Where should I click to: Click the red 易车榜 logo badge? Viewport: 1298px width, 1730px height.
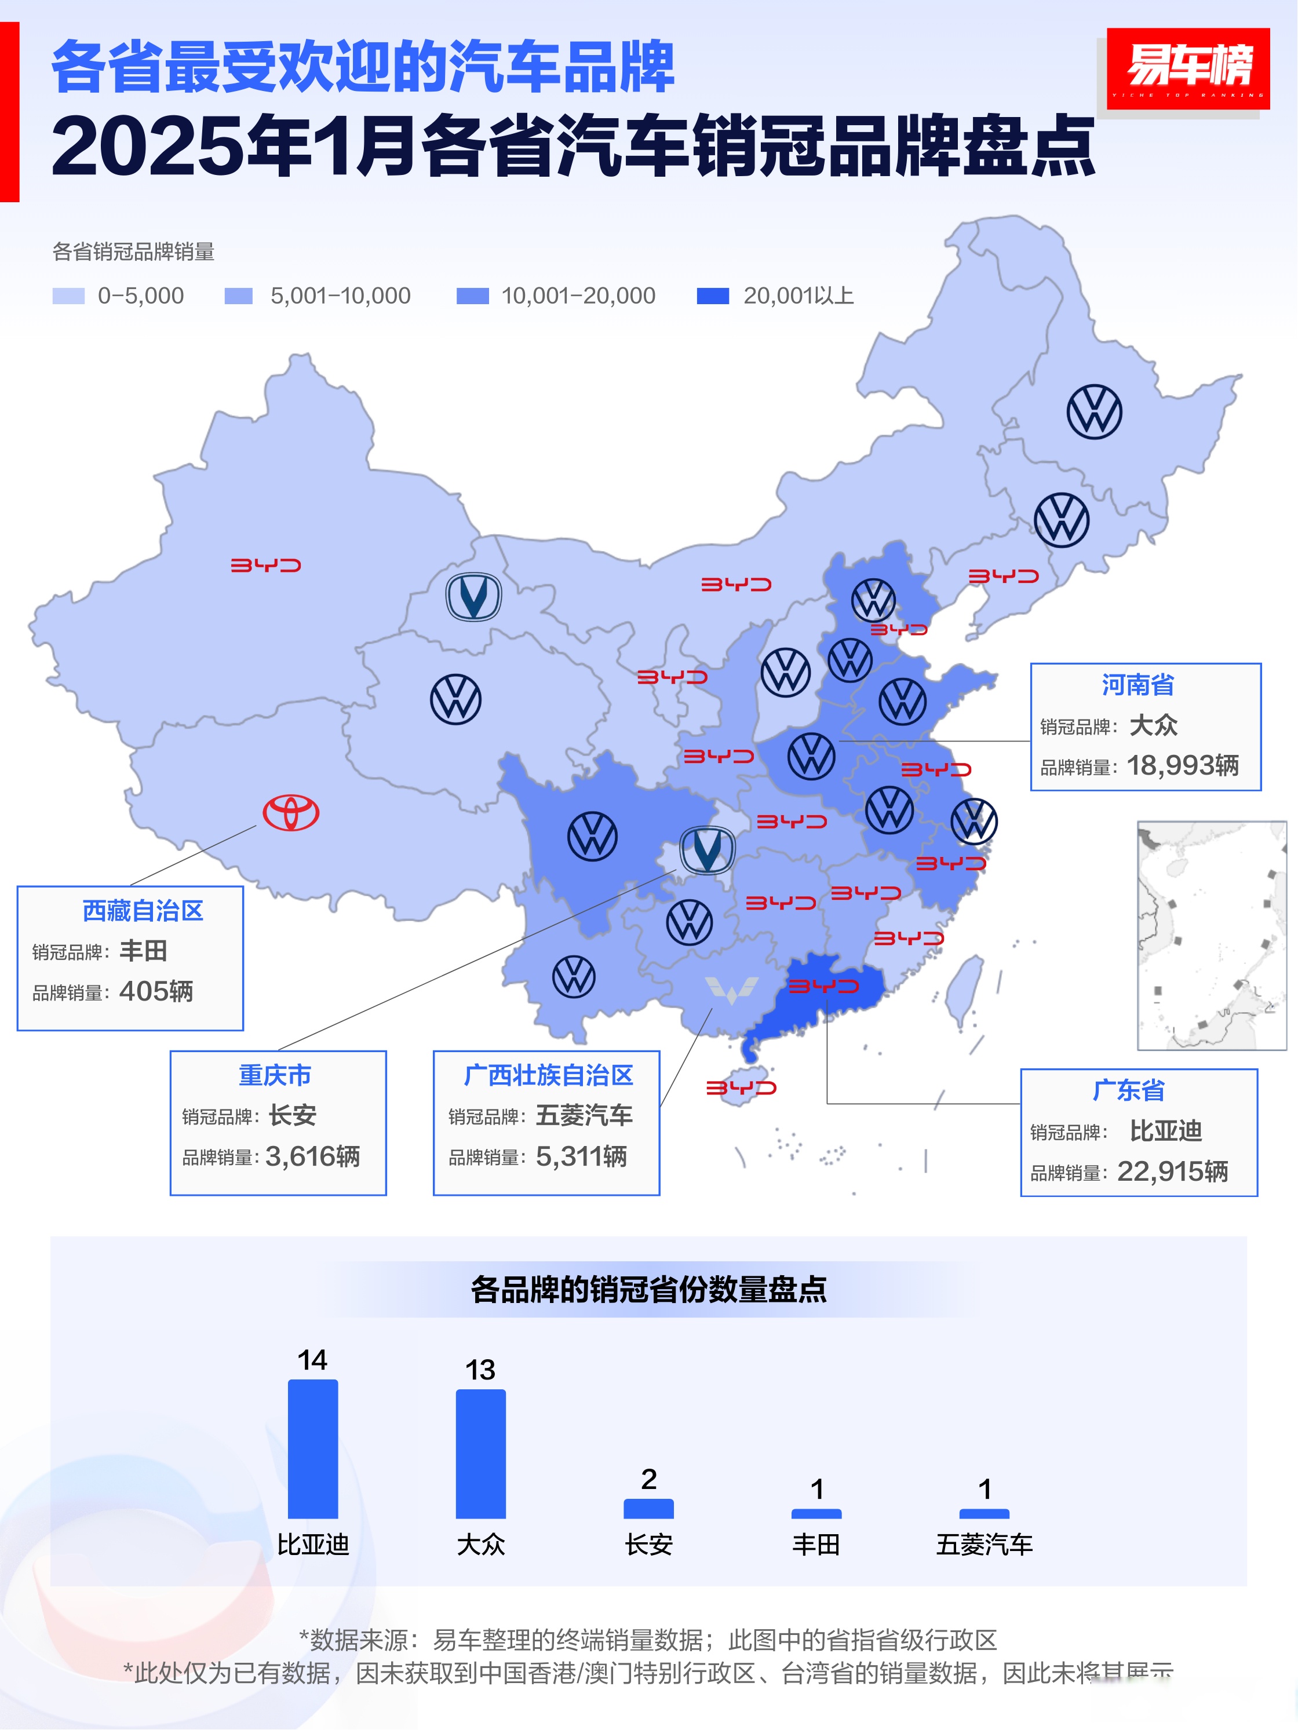(1188, 67)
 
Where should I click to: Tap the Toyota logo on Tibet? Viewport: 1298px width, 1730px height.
(290, 813)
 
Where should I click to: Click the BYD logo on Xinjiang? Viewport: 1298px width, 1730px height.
(265, 565)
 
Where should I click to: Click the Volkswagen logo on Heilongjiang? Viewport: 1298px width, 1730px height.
(1094, 411)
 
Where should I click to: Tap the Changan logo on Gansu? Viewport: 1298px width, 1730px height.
(473, 597)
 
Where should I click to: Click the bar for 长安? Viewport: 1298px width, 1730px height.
(648, 1509)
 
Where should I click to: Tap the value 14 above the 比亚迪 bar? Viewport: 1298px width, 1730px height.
(312, 1360)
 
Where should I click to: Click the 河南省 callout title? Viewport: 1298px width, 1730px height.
(1137, 685)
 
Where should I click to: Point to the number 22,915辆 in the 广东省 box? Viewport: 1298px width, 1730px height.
(1172, 1171)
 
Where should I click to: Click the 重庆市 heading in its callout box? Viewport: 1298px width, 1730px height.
(275, 1075)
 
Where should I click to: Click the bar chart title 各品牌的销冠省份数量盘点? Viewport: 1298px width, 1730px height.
(648, 1290)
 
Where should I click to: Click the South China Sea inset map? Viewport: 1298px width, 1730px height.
(1211, 935)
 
